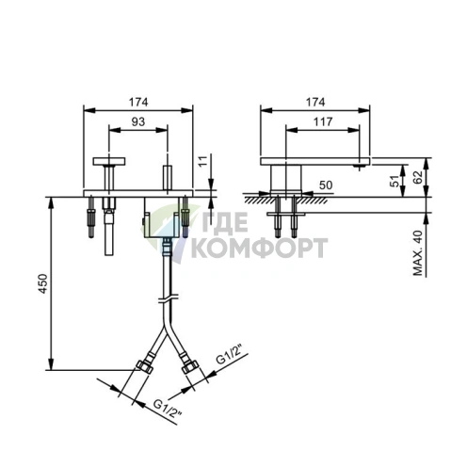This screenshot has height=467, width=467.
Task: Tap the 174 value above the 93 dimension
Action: pos(138,101)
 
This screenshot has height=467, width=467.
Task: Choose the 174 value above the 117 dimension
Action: pos(317,101)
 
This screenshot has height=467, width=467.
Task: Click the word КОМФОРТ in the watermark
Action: pos(258,249)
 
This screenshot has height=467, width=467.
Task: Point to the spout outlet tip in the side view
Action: pos(359,166)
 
